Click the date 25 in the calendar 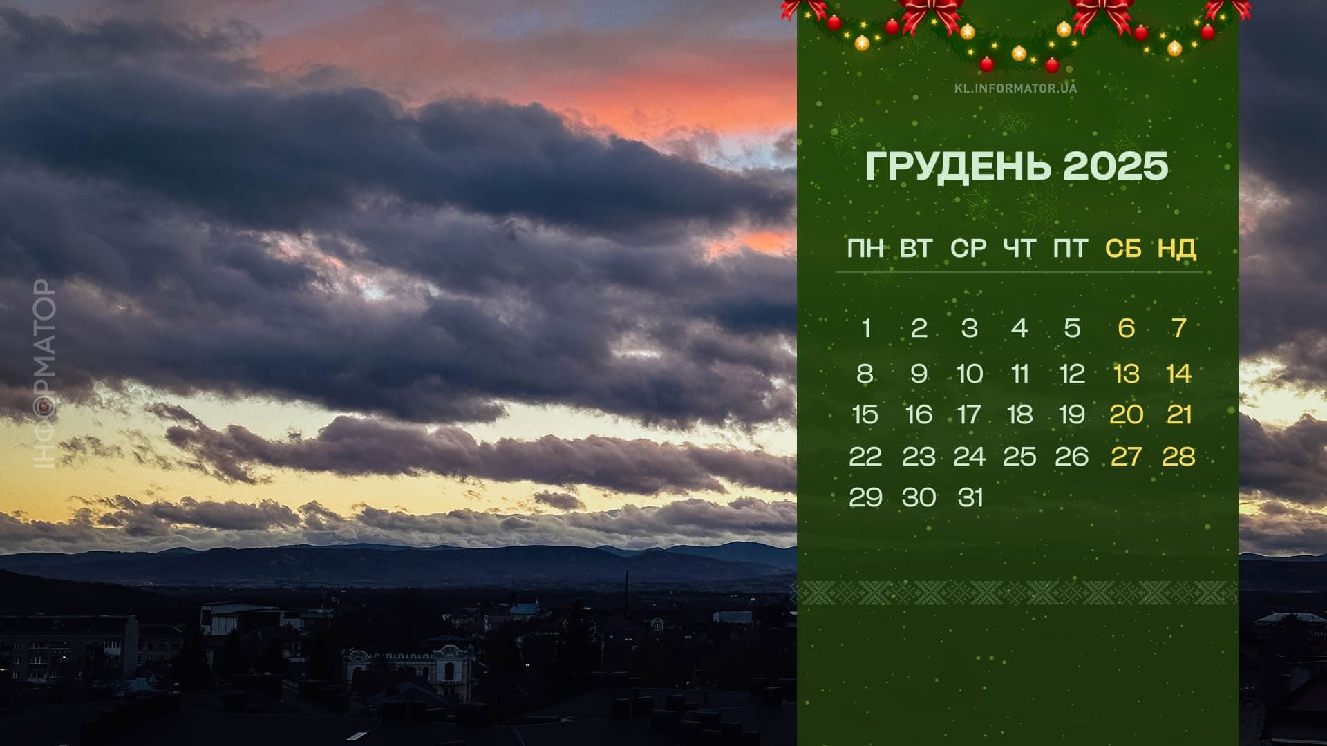click(x=1019, y=457)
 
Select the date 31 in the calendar click(x=970, y=497)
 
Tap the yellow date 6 click(x=1126, y=328)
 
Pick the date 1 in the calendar click(x=866, y=328)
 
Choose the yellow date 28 click(x=1178, y=457)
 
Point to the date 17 click(x=969, y=414)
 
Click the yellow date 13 click(x=1127, y=374)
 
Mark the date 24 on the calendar click(x=969, y=457)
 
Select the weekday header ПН click(x=865, y=249)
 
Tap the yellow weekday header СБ click(x=1123, y=249)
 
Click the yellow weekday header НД click(x=1177, y=249)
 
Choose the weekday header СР click(x=968, y=249)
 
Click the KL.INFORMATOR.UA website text click(x=1015, y=88)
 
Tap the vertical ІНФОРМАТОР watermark click(x=45, y=374)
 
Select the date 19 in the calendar click(x=1072, y=414)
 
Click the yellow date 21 click(x=1179, y=414)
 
